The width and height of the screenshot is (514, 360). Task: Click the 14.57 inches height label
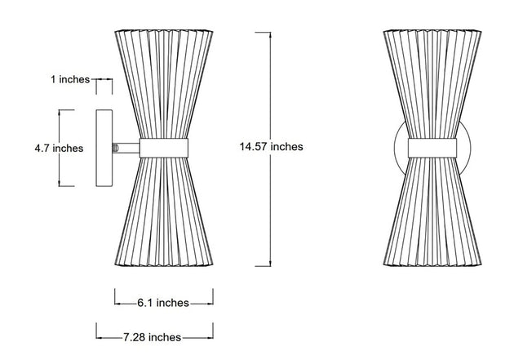point(271,147)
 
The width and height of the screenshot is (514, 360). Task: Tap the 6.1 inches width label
point(163,303)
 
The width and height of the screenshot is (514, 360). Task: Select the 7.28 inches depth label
point(152,337)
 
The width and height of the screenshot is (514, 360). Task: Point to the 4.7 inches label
point(59,149)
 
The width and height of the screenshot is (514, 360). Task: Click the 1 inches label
point(70,79)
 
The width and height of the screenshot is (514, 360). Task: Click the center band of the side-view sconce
point(164,148)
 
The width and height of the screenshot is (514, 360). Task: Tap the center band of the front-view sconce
point(432,148)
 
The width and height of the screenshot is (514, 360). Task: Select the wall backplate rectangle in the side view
point(104,149)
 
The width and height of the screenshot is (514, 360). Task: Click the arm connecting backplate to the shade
point(126,149)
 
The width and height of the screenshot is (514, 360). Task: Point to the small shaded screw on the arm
point(115,149)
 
